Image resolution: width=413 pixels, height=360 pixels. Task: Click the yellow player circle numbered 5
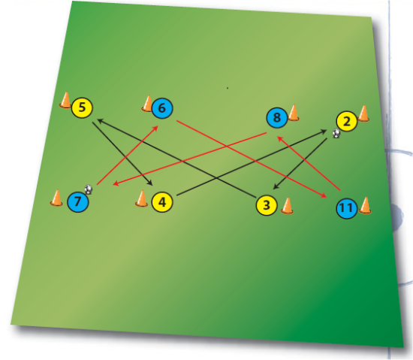82,107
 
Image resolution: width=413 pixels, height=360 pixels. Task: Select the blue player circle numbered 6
162,108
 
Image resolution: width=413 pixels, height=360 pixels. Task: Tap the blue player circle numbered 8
277,117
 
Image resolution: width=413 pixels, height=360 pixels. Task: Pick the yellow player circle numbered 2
347,121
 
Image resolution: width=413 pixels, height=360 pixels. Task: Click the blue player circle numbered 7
78,201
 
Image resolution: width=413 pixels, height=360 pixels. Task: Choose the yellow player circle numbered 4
162,202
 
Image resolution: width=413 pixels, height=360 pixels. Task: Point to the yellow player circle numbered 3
267,205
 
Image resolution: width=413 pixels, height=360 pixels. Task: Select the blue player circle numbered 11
347,208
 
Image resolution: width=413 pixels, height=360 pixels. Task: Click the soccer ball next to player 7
89,189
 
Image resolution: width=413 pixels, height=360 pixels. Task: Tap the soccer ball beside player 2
336,133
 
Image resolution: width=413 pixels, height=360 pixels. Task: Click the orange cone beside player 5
65,100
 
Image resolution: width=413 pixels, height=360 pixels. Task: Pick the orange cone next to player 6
148,104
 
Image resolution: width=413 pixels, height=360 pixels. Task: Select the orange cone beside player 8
294,113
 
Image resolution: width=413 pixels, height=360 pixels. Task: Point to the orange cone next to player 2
363,113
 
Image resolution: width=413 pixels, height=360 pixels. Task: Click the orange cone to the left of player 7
56,198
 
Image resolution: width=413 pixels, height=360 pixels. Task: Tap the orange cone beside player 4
142,198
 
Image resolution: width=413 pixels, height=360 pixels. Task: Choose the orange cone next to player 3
287,206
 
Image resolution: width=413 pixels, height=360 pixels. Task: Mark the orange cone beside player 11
365,205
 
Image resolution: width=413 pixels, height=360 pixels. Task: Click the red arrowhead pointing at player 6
155,128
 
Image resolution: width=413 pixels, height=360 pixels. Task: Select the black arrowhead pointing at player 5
100,121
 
